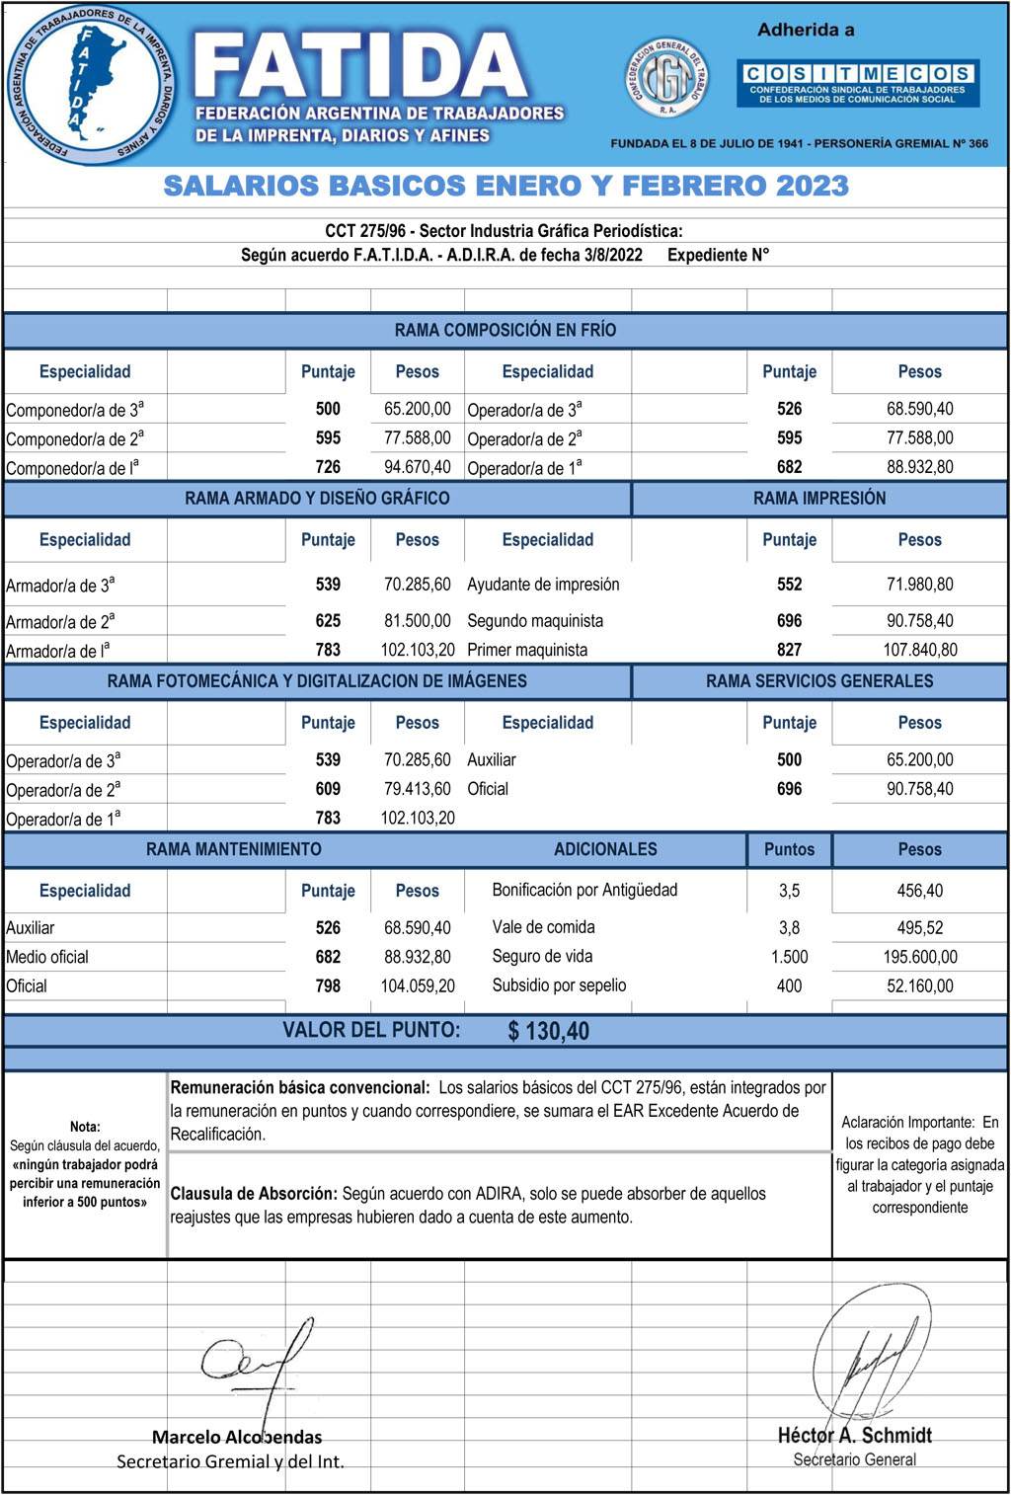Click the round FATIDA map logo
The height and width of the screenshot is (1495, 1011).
[x=91, y=86]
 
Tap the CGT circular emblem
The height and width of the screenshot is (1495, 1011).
[x=667, y=78]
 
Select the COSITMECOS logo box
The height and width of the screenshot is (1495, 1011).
[x=857, y=83]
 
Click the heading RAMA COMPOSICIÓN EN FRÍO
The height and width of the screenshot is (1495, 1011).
[x=505, y=330]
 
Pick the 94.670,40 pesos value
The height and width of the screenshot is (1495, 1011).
[x=417, y=467]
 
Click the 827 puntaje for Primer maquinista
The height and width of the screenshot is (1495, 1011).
[x=789, y=650]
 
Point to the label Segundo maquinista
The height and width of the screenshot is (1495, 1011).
[x=535, y=621]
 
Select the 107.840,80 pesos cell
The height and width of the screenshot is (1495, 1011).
[x=919, y=650]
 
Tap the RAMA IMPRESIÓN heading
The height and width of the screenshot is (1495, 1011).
[x=818, y=499]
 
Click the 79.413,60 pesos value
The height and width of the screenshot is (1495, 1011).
[x=417, y=789]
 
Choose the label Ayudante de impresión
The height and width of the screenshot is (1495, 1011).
[x=543, y=585]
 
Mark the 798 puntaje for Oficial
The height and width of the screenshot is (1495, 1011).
[x=328, y=985]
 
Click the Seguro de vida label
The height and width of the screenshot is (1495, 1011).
[x=542, y=956]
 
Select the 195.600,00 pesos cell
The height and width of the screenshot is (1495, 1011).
[x=919, y=957]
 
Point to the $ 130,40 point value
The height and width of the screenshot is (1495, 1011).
[x=548, y=1031]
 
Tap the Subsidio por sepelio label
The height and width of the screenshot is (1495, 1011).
[x=559, y=985]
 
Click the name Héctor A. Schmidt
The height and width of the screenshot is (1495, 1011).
[x=854, y=1435]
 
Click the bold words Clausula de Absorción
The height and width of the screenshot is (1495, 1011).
[x=254, y=1194]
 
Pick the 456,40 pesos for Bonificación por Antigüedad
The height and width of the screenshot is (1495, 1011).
[x=919, y=891]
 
